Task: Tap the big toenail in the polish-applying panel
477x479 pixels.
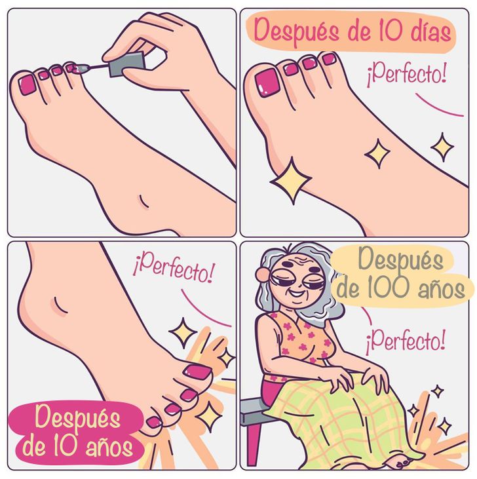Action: (x=28, y=85)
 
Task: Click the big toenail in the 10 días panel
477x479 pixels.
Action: (x=267, y=83)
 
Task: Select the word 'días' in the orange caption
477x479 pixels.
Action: (x=430, y=31)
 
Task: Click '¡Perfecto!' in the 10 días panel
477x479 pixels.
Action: (x=407, y=74)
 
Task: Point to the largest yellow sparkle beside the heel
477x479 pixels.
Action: (x=291, y=181)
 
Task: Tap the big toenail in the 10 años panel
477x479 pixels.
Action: (x=197, y=372)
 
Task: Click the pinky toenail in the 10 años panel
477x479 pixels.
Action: (x=154, y=422)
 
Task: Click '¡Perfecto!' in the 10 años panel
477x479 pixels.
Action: (x=174, y=269)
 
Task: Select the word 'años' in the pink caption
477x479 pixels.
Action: (x=109, y=447)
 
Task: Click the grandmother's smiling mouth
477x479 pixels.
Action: (x=297, y=294)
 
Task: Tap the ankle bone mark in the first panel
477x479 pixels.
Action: (x=143, y=202)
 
